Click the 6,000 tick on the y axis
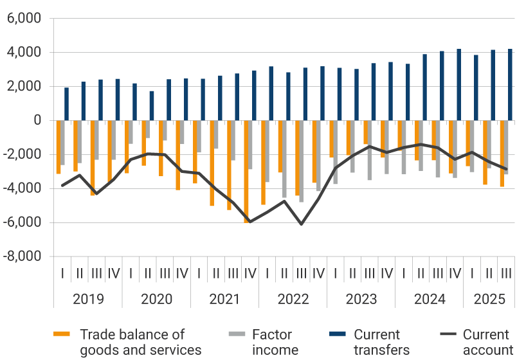[x=23, y=19]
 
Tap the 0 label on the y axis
[x=36, y=120]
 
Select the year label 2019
[x=88, y=299]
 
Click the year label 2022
[x=293, y=299]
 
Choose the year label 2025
[x=489, y=299]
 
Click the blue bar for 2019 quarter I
[x=66, y=104]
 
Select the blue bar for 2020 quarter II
[x=152, y=105]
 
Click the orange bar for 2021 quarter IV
[x=246, y=171]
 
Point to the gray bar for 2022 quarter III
[x=302, y=161]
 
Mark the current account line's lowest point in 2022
[x=301, y=224]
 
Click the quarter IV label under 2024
[x=455, y=273]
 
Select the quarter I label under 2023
[x=336, y=273]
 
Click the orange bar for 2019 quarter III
[x=93, y=157]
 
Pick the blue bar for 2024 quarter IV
[x=459, y=85]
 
